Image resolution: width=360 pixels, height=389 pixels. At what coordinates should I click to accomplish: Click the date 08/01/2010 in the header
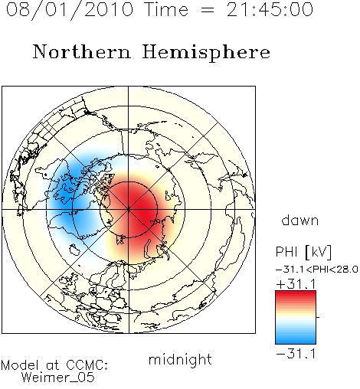pos(70,10)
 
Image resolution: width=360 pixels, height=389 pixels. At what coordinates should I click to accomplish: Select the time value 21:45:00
pos(270,10)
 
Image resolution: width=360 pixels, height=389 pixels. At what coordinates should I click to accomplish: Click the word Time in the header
pos(166,10)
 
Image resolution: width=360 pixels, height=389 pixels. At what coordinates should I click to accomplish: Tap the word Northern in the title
pos(82,52)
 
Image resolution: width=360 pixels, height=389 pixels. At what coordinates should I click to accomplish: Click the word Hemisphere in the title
pos(206,53)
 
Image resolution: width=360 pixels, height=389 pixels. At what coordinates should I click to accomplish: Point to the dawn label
pos(300,220)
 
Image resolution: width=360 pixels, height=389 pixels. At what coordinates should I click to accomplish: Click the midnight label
pos(180,359)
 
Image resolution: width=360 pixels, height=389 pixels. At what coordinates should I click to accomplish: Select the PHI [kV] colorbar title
pos(303,252)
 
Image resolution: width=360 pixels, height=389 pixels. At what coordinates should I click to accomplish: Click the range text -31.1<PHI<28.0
pos(317,270)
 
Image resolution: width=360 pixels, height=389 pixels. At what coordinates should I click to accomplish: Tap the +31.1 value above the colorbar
pos(296,284)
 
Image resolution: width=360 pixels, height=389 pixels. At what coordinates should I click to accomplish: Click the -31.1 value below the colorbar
pos(296,354)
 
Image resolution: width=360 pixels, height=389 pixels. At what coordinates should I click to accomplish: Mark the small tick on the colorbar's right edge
pos(318,317)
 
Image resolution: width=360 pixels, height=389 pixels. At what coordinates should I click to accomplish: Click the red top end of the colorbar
pos(296,293)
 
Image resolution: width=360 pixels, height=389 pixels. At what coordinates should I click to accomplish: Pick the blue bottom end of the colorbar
pos(296,341)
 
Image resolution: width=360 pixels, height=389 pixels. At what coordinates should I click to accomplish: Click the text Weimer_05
pos(58,378)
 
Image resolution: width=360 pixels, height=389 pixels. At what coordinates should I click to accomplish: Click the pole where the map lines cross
pos(129,210)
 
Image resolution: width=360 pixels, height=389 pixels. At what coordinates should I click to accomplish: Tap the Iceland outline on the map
pos(74,250)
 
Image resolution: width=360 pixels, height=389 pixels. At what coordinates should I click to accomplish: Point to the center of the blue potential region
pos(67,199)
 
